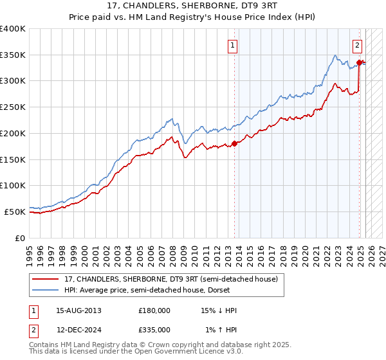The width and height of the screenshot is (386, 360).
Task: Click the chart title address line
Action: [193, 6]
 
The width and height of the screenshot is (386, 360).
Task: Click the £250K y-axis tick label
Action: [13, 107]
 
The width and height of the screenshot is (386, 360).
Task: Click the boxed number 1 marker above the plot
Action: [232, 45]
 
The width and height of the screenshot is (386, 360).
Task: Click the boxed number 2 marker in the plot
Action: [357, 45]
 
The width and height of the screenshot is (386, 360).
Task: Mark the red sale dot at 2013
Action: [234, 143]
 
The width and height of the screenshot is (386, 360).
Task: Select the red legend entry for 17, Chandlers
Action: [170, 279]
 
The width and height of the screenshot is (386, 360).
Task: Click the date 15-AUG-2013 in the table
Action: [78, 310]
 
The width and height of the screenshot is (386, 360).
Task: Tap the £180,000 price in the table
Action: [154, 310]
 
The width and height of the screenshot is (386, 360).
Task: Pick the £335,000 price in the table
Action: [154, 329]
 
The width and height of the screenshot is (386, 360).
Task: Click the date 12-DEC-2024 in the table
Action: [78, 329]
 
